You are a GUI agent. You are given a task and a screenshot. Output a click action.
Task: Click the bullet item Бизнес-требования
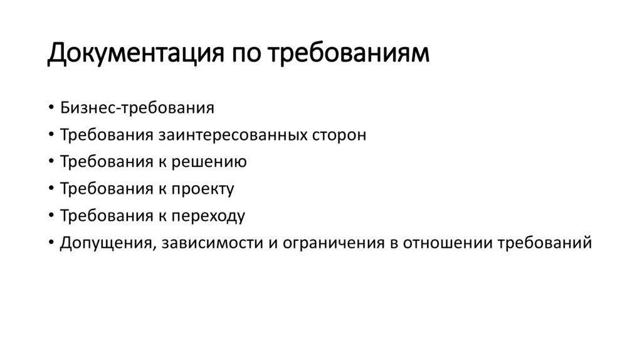137,108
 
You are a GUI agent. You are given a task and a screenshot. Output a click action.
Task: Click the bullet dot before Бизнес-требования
51,109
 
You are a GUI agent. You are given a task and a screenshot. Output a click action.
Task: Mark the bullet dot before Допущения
51,243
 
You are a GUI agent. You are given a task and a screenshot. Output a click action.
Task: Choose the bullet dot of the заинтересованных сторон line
51,135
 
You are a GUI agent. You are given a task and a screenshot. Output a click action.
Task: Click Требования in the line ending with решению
104,162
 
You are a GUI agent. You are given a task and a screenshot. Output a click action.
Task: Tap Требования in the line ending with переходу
104,216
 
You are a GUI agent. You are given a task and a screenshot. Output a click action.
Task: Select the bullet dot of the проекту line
51,189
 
